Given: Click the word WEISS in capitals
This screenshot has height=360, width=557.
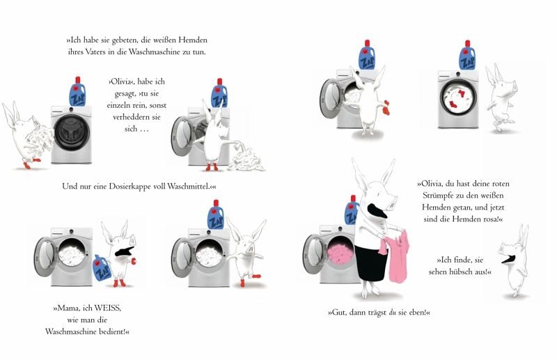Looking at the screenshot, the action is [108, 308].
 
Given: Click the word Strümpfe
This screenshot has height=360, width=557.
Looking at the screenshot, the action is [438, 196].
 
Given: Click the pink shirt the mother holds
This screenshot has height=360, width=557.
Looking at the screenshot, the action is [396, 254].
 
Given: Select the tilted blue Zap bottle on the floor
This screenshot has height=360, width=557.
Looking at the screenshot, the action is [102, 267].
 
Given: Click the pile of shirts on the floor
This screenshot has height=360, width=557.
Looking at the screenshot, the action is [246, 161].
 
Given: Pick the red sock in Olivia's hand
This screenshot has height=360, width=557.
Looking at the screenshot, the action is [385, 107].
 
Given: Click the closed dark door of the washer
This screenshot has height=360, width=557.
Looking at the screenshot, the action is [72, 133].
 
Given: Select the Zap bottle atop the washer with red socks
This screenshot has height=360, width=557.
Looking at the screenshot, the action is [467, 55].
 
